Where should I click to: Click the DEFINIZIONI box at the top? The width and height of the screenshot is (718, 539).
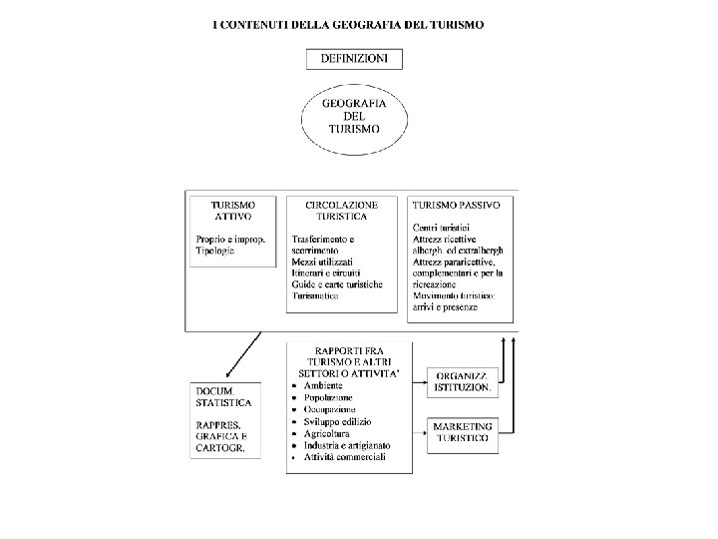(354, 59)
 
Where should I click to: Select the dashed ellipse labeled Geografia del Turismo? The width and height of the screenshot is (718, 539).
(354, 120)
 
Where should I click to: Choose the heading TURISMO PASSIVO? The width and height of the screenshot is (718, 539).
(456, 204)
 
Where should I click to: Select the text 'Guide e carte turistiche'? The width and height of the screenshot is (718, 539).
(337, 284)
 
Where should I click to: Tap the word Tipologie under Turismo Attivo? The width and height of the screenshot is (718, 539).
(215, 251)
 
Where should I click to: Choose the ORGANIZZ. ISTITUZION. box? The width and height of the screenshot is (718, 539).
(460, 380)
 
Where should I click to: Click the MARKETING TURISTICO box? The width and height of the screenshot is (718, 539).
(460, 432)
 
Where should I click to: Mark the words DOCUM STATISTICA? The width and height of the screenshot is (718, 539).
(223, 397)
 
